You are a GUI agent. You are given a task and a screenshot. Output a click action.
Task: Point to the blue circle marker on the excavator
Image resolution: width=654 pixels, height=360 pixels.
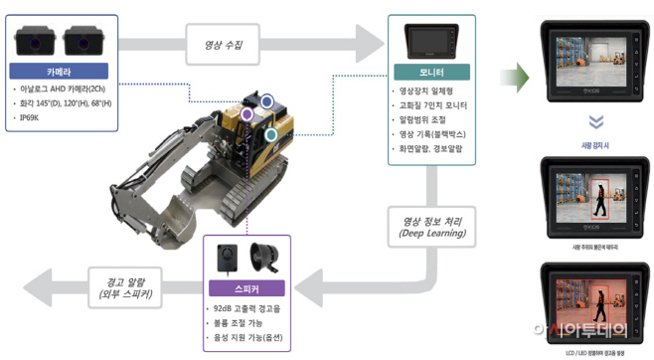266,100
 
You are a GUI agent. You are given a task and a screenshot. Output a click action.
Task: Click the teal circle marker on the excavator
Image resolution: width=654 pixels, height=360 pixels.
270,132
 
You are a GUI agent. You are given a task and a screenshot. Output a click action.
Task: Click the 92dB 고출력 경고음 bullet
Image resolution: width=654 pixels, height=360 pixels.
249,308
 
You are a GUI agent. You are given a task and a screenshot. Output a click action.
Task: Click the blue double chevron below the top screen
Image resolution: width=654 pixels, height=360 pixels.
595,124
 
